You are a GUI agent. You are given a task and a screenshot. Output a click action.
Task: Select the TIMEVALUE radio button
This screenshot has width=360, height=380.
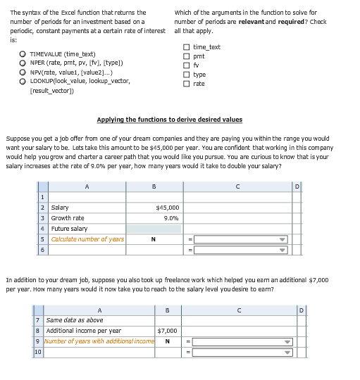pos(23,54)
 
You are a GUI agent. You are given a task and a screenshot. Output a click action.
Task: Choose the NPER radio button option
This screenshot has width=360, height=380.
pos(23,63)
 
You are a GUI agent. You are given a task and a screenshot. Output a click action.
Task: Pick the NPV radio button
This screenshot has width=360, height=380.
pos(23,72)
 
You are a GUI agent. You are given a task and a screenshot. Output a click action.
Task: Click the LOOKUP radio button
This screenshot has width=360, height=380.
pos(23,81)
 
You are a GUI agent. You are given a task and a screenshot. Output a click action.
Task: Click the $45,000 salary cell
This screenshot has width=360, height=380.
pos(154,208)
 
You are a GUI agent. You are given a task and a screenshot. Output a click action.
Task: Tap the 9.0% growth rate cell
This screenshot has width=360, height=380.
pos(154,218)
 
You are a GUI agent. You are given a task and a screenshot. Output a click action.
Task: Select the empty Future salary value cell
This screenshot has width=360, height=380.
pos(154,229)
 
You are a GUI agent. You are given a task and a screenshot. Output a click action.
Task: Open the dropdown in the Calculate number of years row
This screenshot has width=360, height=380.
pos(283,239)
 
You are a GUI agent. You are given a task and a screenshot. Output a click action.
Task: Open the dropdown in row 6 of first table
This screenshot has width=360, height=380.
pos(283,250)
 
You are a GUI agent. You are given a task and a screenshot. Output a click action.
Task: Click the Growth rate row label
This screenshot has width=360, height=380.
pos(68,218)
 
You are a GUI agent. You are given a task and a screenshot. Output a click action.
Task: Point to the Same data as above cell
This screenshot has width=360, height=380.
pos(75,320)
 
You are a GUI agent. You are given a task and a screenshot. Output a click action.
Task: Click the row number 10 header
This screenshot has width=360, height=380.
pos(38,353)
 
